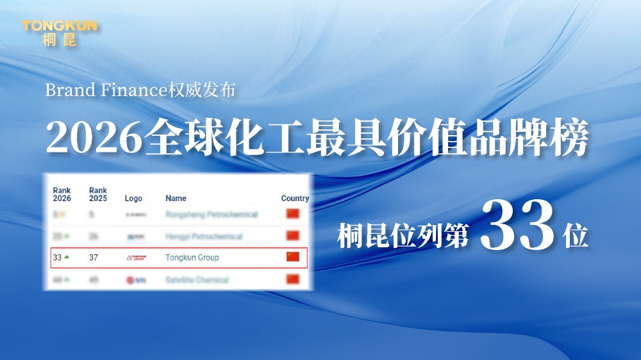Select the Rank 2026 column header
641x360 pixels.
(x=62, y=194)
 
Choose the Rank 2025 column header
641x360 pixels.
(x=98, y=194)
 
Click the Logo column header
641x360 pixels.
(x=133, y=199)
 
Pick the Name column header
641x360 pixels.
(x=176, y=199)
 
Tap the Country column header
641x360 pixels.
(x=295, y=199)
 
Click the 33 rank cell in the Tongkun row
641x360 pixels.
(x=57, y=258)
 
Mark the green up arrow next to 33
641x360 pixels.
(x=67, y=257)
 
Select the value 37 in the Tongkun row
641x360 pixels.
(x=94, y=258)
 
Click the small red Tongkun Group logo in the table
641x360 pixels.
(x=136, y=258)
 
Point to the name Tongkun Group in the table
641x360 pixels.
(x=192, y=258)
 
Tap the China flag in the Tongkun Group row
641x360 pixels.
(x=293, y=257)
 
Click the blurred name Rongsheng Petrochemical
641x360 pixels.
(x=212, y=215)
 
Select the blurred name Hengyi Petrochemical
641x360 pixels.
(x=204, y=236)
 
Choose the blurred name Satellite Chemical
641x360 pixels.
(x=197, y=280)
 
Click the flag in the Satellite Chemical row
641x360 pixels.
(x=293, y=279)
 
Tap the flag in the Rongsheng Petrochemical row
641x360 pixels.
(x=293, y=214)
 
